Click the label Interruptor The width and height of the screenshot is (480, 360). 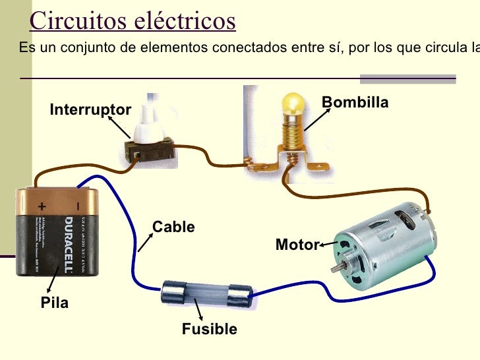pos(90,109)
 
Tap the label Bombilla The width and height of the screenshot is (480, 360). pos(355,103)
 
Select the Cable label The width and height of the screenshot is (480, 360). pos(174,227)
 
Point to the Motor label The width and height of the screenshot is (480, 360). pos(297,245)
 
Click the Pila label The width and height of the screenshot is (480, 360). pos(55,303)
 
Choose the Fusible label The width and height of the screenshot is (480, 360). pos(209,329)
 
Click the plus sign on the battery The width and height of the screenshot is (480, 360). pos(42,204)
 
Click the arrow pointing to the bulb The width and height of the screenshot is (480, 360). pos(316,121)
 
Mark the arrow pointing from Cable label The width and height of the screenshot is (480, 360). pos(146,242)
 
